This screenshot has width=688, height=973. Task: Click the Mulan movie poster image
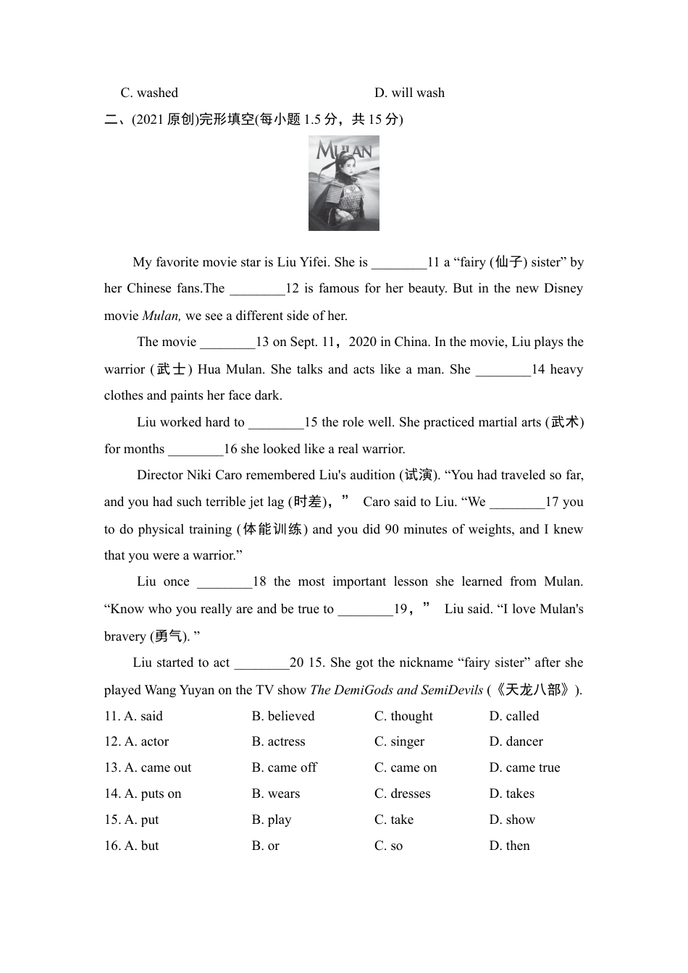tap(343, 183)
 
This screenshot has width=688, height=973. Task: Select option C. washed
tap(149, 93)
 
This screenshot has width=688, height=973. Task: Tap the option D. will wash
tap(409, 93)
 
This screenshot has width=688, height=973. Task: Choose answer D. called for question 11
tap(514, 716)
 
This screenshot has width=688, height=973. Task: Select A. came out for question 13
tap(148, 767)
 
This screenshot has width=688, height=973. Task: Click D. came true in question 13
tap(524, 767)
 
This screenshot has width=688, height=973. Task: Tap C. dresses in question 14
tap(402, 793)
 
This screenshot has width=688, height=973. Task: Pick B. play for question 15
tap(271, 820)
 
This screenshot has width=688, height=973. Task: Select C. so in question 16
tap(388, 846)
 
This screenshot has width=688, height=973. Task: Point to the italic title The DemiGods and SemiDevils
tap(396, 690)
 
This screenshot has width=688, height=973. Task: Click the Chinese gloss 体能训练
tap(272, 529)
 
